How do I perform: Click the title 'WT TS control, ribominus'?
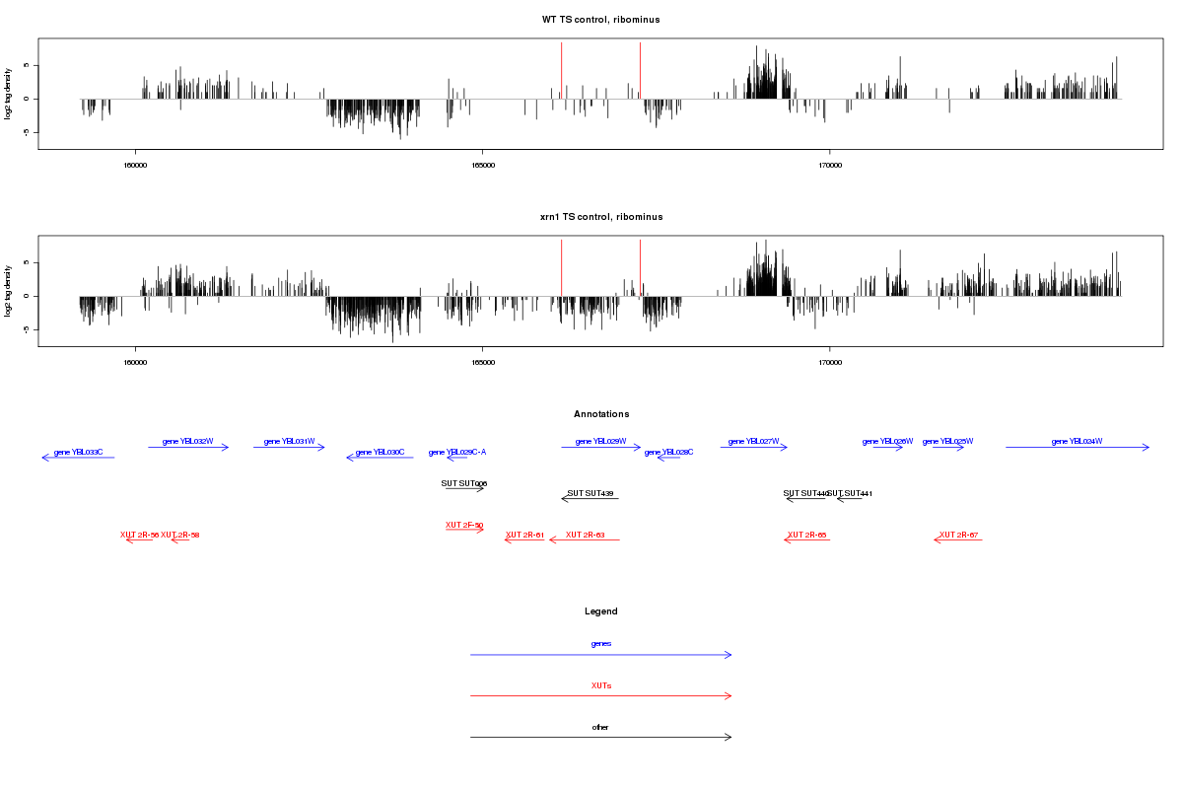[x=600, y=20]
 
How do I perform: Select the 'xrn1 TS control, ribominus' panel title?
[x=600, y=217]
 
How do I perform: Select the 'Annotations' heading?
[x=600, y=414]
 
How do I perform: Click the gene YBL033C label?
[x=78, y=452]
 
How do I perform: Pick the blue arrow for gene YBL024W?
[x=1077, y=448]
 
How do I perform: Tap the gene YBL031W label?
[x=289, y=441]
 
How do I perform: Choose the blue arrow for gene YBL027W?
[x=753, y=448]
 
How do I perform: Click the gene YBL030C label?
[x=380, y=452]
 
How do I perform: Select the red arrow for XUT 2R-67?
[x=958, y=540]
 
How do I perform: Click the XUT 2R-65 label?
[x=806, y=535]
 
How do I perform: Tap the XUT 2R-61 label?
[x=524, y=535]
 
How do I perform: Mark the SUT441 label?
[x=851, y=493]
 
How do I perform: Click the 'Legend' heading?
[x=600, y=611]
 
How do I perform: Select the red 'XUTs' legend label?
[x=600, y=685]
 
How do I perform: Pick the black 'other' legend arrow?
[x=600, y=737]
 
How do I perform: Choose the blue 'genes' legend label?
[x=600, y=644]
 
